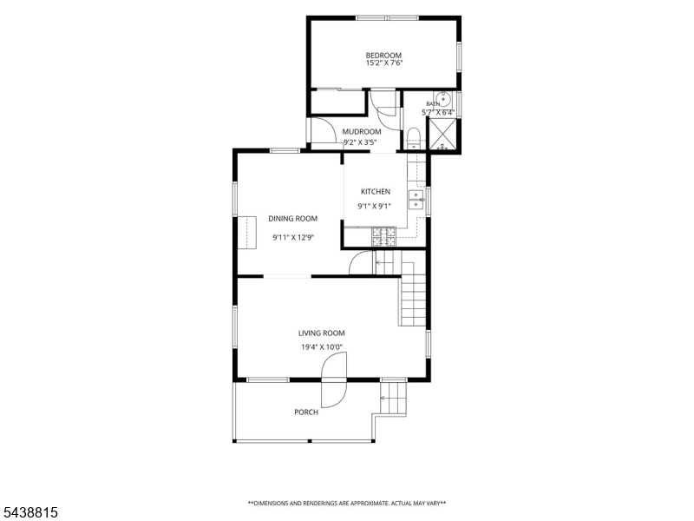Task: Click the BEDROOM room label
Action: (x=383, y=56)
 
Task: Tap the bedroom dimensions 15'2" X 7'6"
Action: (x=383, y=63)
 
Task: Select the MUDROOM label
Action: (x=362, y=132)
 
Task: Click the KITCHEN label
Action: (x=376, y=191)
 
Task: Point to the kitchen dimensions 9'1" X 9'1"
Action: (x=375, y=206)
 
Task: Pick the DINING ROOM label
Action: (x=292, y=219)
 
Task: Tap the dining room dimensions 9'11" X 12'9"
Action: (x=293, y=237)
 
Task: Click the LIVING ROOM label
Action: (x=321, y=333)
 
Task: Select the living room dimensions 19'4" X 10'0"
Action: (x=322, y=347)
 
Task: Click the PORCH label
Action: (x=306, y=412)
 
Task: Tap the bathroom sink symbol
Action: (x=442, y=98)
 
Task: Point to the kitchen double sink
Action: (x=416, y=200)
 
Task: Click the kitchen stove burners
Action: (x=383, y=236)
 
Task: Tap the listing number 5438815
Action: (x=29, y=512)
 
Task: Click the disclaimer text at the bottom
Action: (x=346, y=504)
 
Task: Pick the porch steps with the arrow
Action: (x=393, y=399)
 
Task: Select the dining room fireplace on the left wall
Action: (x=247, y=233)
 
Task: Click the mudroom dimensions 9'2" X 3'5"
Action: (x=360, y=142)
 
